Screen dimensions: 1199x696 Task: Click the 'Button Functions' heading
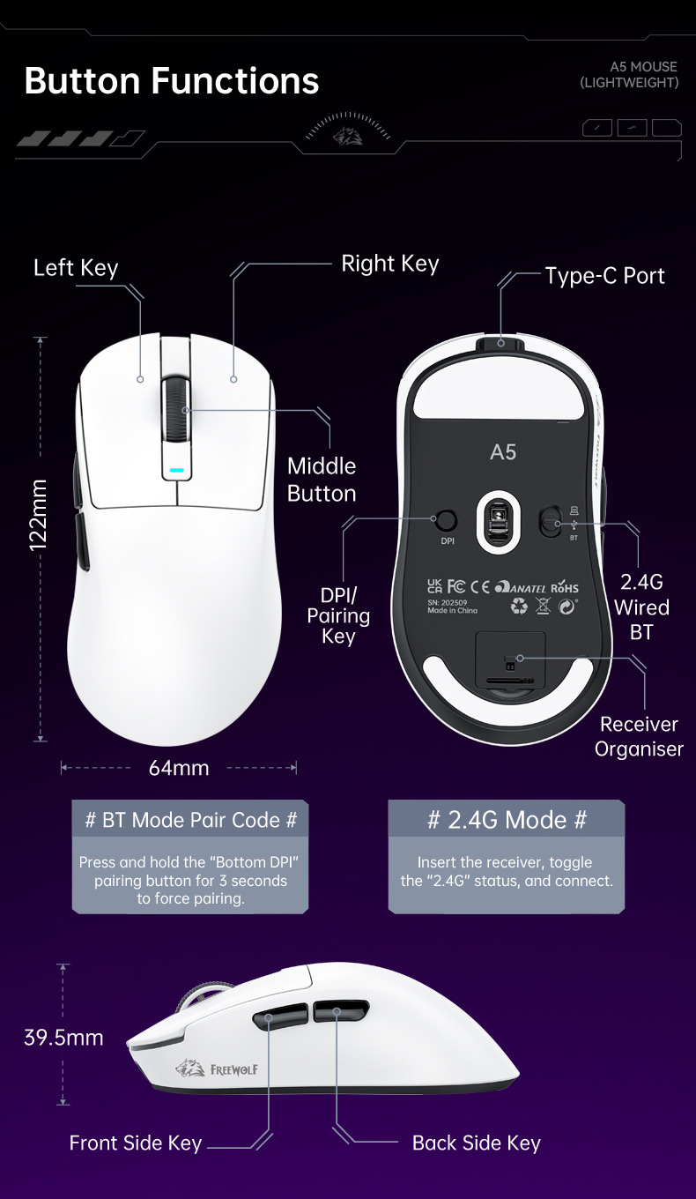point(172,81)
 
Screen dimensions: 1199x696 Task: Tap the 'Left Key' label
point(76,268)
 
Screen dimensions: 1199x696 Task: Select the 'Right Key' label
point(389,264)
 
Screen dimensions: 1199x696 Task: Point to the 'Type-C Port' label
point(604,276)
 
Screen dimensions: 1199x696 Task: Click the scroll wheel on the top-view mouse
point(177,410)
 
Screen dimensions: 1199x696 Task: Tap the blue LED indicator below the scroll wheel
point(177,471)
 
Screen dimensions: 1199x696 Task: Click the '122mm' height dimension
point(38,515)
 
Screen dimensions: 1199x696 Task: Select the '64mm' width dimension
point(179,768)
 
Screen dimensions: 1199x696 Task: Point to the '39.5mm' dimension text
point(63,1038)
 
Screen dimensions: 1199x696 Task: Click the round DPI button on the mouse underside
point(448,520)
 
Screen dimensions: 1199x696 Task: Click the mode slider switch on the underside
point(552,521)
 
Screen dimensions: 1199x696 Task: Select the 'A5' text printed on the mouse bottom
point(502,452)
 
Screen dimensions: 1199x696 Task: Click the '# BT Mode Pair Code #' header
point(190,820)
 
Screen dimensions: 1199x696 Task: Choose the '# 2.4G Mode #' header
point(507,820)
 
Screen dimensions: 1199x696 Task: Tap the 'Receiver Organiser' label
point(639,736)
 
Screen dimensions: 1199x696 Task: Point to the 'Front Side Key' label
point(136,1143)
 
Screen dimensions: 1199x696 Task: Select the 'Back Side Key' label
point(476,1143)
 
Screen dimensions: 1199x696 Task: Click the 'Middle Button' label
point(322,480)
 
